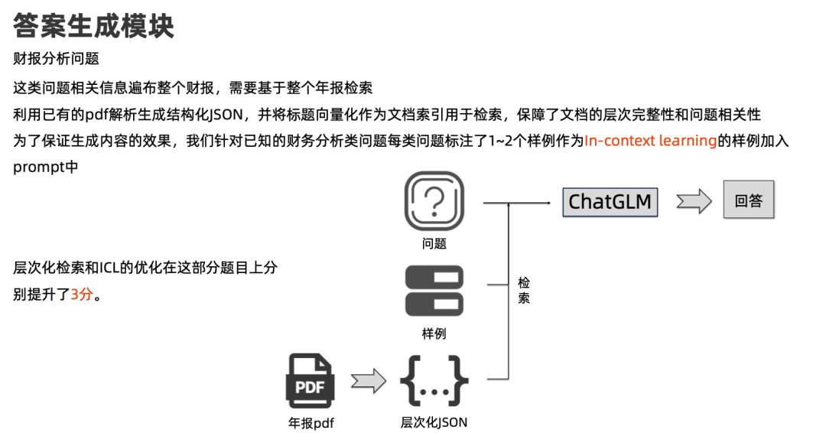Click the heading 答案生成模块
click(94, 26)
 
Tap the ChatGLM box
click(610, 202)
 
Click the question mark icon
click(434, 201)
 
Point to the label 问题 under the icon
click(434, 244)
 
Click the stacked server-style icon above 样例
click(434, 291)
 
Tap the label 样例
click(434, 334)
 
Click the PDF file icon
click(310, 380)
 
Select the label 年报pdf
click(311, 422)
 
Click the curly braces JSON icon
click(434, 380)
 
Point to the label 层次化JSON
click(434, 422)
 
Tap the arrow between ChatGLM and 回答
click(694, 202)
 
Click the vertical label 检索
click(524, 291)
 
